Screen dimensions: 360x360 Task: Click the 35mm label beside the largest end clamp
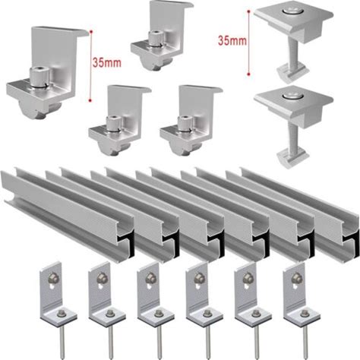click(107, 62)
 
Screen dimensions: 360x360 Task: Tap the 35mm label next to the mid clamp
click(232, 41)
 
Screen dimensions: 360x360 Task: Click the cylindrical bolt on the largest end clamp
click(39, 77)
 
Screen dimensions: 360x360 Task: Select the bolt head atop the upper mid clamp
click(293, 11)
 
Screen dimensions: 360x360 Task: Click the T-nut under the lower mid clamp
click(293, 157)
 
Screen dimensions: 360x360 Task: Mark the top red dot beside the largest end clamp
click(90, 32)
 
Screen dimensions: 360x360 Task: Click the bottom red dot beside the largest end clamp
click(90, 100)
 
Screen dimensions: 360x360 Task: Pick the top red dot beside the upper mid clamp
click(249, 11)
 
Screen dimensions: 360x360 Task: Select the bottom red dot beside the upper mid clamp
click(249, 74)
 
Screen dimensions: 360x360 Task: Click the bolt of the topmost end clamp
click(155, 39)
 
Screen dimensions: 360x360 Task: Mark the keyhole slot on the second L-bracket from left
click(102, 286)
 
